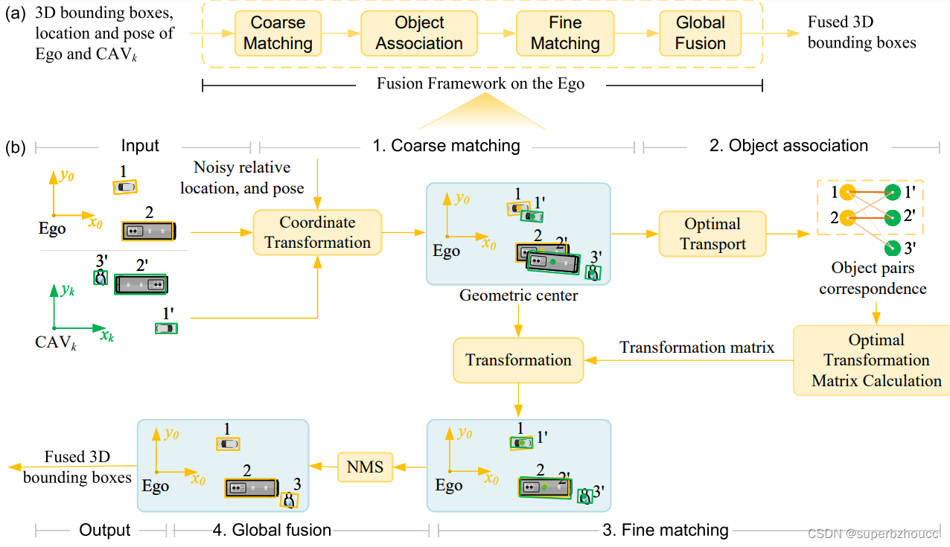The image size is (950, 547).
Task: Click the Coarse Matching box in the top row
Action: pyautogui.click(x=278, y=33)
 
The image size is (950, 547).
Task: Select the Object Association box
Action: pyautogui.click(x=419, y=33)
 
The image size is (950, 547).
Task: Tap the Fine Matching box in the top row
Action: pyautogui.click(x=565, y=33)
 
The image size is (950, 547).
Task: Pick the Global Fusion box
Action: pyautogui.click(x=700, y=33)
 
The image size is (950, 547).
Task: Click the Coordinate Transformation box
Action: pyautogui.click(x=318, y=232)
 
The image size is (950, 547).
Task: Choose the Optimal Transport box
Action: pyautogui.click(x=712, y=234)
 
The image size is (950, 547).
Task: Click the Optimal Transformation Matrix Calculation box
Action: pyautogui.click(x=876, y=360)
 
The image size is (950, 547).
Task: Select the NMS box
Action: pyautogui.click(x=365, y=467)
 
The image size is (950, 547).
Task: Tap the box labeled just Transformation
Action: pyautogui.click(x=518, y=360)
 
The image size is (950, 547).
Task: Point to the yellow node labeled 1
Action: pyautogui.click(x=847, y=193)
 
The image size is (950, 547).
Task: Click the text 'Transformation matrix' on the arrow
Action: pyautogui.click(x=697, y=348)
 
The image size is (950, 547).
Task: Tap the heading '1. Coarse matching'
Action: pyautogui.click(x=446, y=145)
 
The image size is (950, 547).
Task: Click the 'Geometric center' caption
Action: pyautogui.click(x=518, y=295)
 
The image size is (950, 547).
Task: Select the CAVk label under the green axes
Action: pyautogui.click(x=55, y=343)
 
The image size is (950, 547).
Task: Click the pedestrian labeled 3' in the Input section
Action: pyautogui.click(x=101, y=278)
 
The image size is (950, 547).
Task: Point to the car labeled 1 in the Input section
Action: pyautogui.click(x=125, y=187)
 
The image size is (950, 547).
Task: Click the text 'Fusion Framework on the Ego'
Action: pyautogui.click(x=480, y=83)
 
